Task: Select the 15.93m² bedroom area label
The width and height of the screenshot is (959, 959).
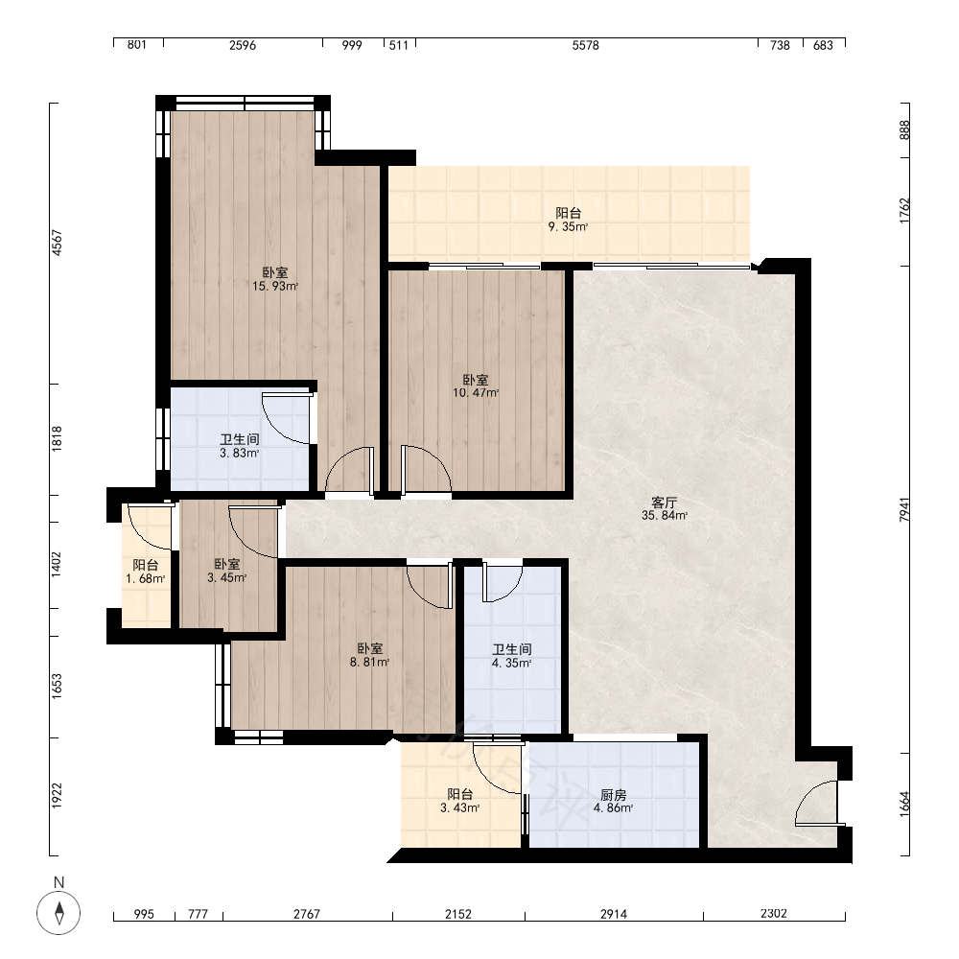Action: (x=275, y=279)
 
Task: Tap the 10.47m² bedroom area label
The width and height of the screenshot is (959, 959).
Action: (x=476, y=386)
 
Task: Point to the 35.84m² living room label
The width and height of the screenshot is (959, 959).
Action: (x=665, y=509)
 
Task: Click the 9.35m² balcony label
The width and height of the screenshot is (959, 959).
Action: (x=568, y=220)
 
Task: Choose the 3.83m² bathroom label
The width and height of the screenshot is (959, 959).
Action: (x=240, y=446)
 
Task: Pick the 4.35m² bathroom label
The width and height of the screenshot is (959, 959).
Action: (x=512, y=656)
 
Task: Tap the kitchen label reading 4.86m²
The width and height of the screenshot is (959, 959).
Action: (x=614, y=801)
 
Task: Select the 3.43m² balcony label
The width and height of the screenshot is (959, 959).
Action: (x=460, y=801)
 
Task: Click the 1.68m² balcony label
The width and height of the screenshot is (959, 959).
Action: (x=146, y=572)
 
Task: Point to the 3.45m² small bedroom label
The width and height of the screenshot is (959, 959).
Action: (x=227, y=571)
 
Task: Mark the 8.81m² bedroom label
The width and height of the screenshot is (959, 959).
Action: (x=370, y=655)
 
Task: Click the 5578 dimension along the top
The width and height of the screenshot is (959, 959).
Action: (x=585, y=45)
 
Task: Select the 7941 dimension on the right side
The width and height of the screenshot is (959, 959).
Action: (x=904, y=509)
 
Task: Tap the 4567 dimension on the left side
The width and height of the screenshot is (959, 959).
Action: (x=57, y=243)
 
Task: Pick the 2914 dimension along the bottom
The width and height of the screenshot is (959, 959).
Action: (x=614, y=914)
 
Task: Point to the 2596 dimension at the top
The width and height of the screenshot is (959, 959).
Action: (x=243, y=45)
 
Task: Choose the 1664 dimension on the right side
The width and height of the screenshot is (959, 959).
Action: (x=904, y=804)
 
